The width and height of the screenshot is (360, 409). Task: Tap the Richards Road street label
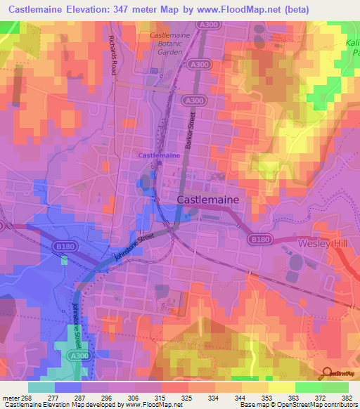(x=112, y=56)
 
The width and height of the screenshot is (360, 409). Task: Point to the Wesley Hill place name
(x=323, y=242)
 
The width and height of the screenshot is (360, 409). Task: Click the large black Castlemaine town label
(x=207, y=200)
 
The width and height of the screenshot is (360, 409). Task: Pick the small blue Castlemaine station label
(x=158, y=155)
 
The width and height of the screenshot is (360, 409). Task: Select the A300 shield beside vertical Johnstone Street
(x=64, y=336)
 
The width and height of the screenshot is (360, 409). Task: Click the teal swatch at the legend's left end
(x=41, y=387)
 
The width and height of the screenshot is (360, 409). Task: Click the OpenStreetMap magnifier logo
(x=328, y=372)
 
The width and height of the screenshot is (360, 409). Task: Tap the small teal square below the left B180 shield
(x=64, y=261)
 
